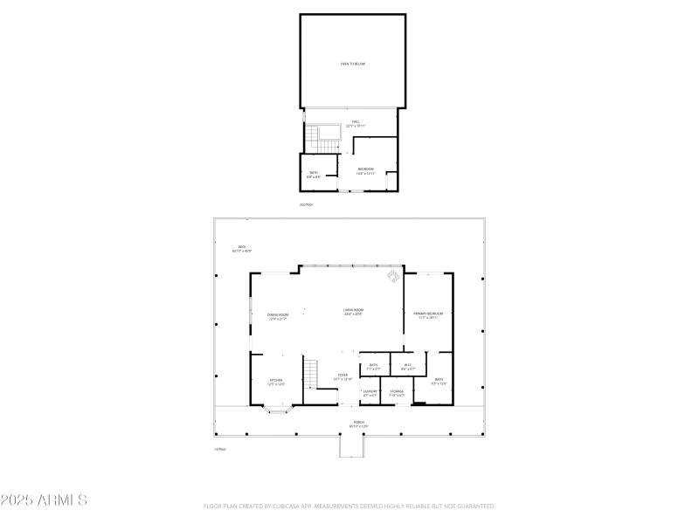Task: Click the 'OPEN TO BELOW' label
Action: [353, 64]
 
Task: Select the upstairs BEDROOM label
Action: [365, 170]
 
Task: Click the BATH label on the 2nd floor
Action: [314, 174]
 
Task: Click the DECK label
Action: [242, 248]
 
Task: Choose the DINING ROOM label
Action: [278, 315]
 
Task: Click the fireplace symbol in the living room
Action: [393, 278]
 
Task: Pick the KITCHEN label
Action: [276, 382]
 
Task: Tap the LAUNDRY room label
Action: [370, 393]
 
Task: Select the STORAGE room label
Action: [397, 393]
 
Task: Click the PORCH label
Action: [358, 424]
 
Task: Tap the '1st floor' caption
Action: [220, 449]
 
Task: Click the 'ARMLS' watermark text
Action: [44, 500]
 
